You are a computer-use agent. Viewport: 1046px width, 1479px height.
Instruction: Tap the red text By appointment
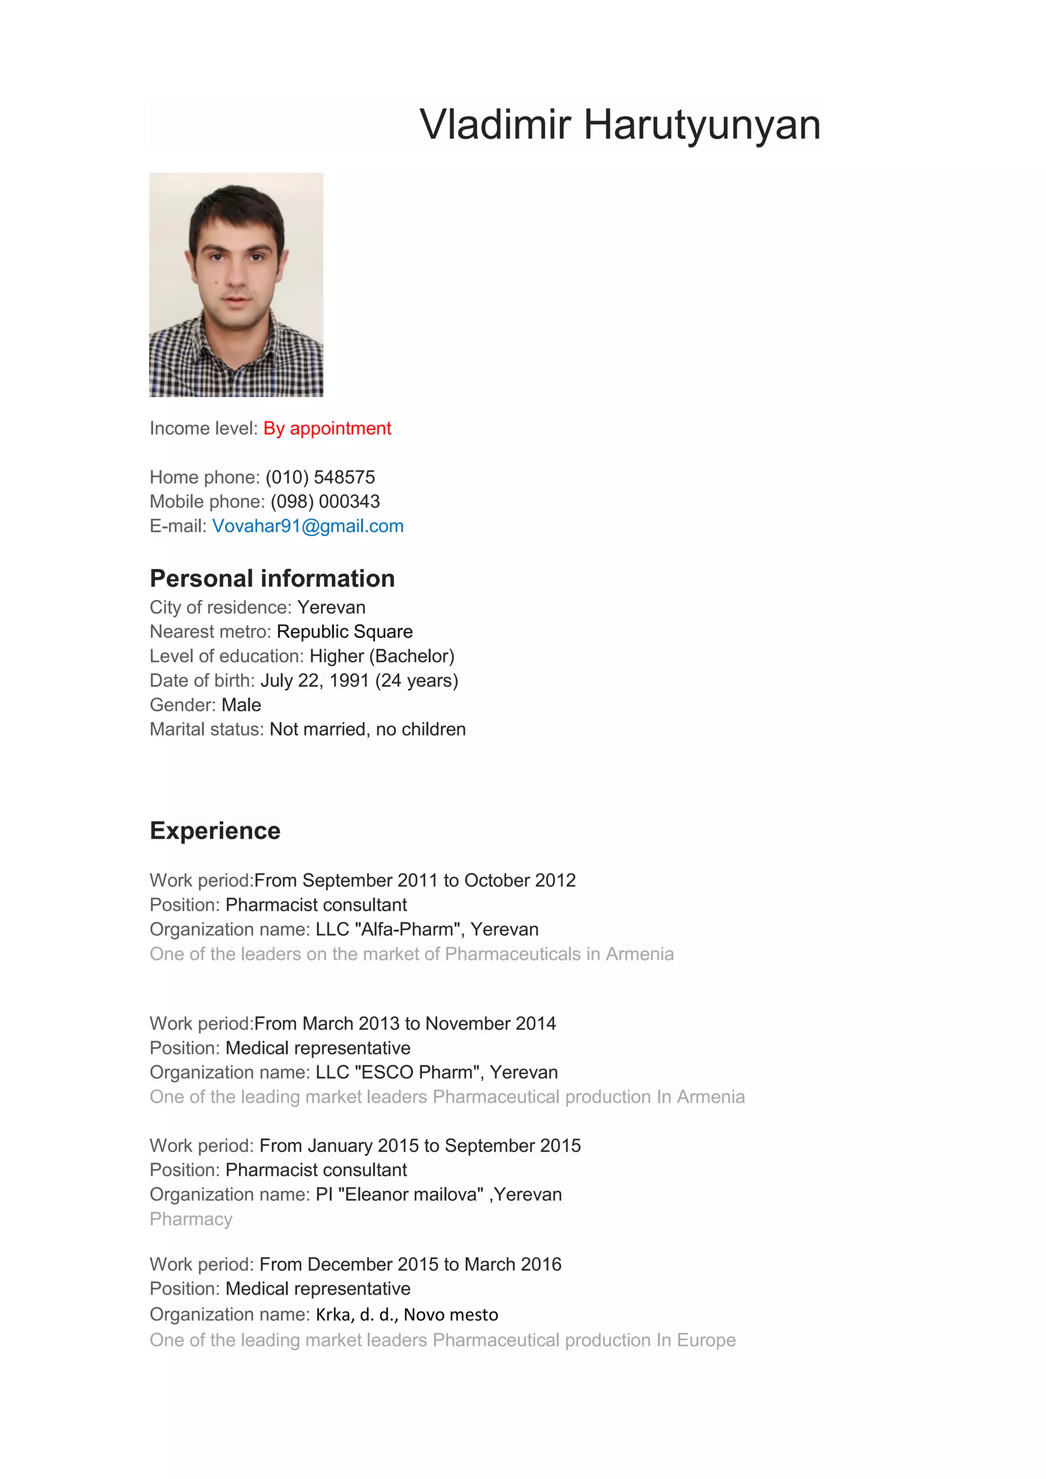click(327, 428)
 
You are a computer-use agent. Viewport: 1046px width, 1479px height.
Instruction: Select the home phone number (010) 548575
click(320, 478)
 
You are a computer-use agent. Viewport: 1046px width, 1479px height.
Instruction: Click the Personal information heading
click(272, 579)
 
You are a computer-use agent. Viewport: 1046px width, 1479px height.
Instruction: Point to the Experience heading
click(215, 830)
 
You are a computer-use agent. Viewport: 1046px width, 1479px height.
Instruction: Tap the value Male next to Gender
click(241, 705)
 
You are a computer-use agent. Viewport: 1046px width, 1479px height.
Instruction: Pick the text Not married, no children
click(367, 729)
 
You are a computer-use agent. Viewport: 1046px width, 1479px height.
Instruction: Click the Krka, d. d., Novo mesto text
click(407, 1314)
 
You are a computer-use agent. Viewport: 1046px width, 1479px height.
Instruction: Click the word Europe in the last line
click(706, 1340)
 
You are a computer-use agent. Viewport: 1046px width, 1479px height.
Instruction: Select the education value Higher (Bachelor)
click(382, 656)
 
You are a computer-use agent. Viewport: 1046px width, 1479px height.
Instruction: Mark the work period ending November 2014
click(405, 1023)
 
